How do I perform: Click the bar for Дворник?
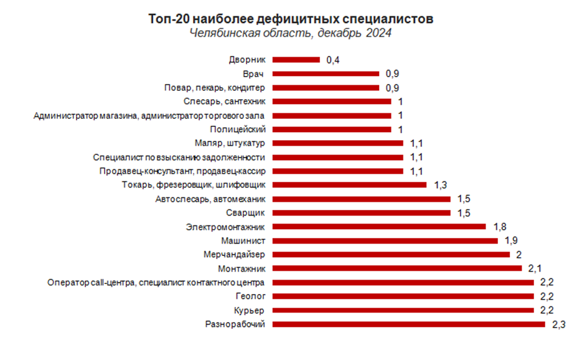click(x=296, y=60)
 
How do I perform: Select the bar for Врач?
click(x=326, y=73)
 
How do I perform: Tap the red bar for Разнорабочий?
click(x=408, y=324)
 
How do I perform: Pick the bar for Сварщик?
click(x=361, y=213)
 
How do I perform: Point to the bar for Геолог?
click(x=403, y=296)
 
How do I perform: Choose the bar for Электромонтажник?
click(x=379, y=227)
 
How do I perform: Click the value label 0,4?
click(x=333, y=60)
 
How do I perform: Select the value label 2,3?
click(x=558, y=324)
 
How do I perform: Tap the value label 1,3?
click(x=440, y=185)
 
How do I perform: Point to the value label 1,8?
click(x=499, y=227)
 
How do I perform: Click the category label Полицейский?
click(x=238, y=130)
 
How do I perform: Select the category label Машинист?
click(x=244, y=240)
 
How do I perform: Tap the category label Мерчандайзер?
click(x=235, y=255)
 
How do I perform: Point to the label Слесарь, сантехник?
click(x=225, y=102)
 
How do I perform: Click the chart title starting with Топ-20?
click(x=291, y=19)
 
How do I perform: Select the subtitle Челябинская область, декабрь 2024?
click(x=291, y=34)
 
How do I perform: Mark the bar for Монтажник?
click(x=397, y=268)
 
